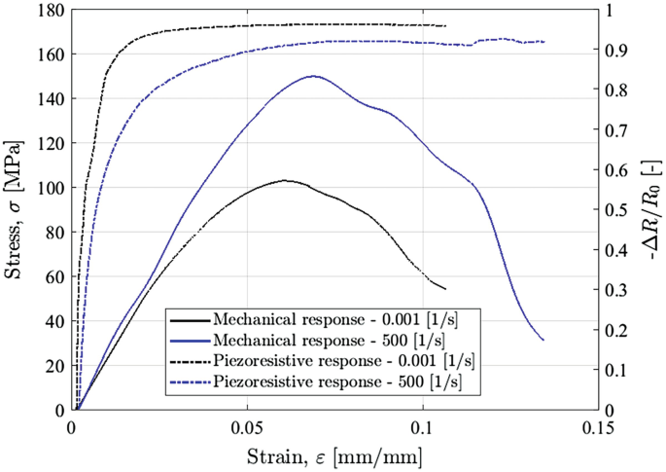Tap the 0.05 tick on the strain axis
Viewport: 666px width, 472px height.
247,428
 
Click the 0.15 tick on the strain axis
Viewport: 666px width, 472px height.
596,428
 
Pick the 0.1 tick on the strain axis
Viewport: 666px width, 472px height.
422,428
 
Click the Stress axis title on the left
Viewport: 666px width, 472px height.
17,210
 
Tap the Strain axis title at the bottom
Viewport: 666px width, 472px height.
333,454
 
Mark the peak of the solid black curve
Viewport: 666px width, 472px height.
285,180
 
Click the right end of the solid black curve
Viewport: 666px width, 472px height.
445,289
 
